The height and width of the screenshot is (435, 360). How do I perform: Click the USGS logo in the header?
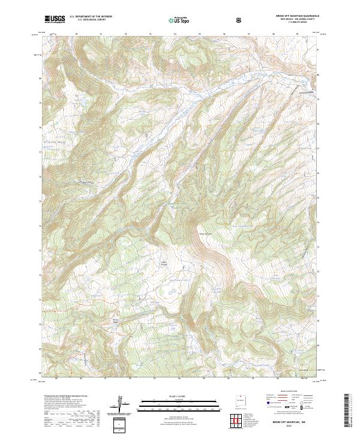[55, 20]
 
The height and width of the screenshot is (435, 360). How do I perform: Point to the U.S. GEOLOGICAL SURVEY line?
[86, 21]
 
